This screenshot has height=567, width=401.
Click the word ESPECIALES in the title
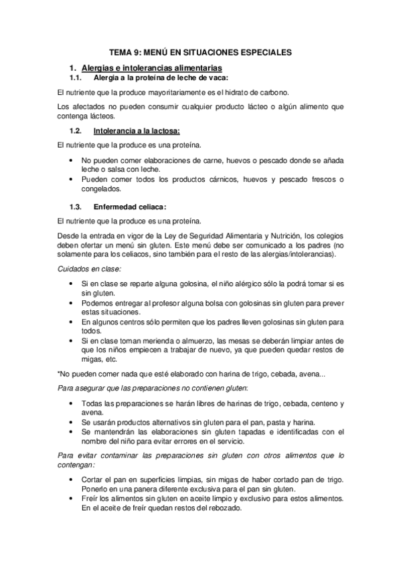264,51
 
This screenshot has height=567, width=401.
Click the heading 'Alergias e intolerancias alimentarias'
151,68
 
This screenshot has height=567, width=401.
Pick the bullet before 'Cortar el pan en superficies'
72,479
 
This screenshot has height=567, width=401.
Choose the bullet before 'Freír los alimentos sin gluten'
72,499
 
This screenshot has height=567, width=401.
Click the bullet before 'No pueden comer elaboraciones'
72,161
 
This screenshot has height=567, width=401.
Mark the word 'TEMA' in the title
123,51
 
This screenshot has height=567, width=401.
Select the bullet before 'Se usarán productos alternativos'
72,423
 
